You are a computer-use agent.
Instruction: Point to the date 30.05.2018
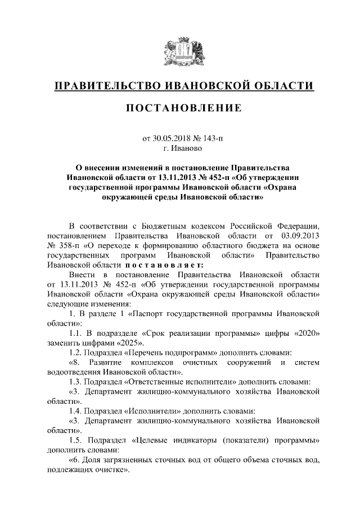tap(172, 138)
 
